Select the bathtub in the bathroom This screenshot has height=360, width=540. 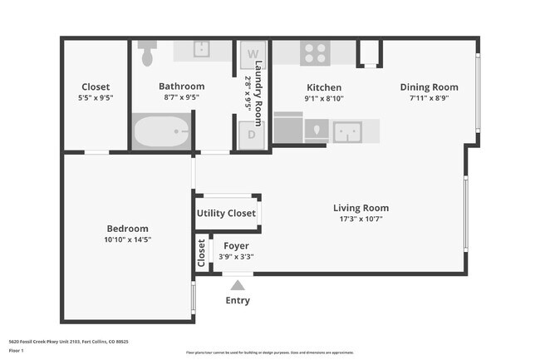tap(161, 133)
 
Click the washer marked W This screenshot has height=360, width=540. tap(253, 54)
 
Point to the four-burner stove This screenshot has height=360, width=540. tap(315, 53)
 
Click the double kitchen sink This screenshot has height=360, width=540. tap(347, 131)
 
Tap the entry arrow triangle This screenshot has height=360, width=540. tap(238, 285)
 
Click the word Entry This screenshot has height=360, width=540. tap(238, 301)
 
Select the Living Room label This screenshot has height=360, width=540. tap(361, 208)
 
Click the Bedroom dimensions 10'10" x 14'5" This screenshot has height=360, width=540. tap(127, 239)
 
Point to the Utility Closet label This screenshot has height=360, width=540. tap(226, 214)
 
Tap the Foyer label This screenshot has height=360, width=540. tap(236, 246)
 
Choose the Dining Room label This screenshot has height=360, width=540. tap(429, 87)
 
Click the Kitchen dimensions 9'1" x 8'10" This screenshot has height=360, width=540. tap(324, 98)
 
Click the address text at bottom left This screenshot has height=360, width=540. tap(69, 342)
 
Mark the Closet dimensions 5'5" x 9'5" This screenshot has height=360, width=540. tap(96, 98)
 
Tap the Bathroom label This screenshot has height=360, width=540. tap(181, 86)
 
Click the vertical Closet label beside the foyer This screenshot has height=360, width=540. tap(202, 254)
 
